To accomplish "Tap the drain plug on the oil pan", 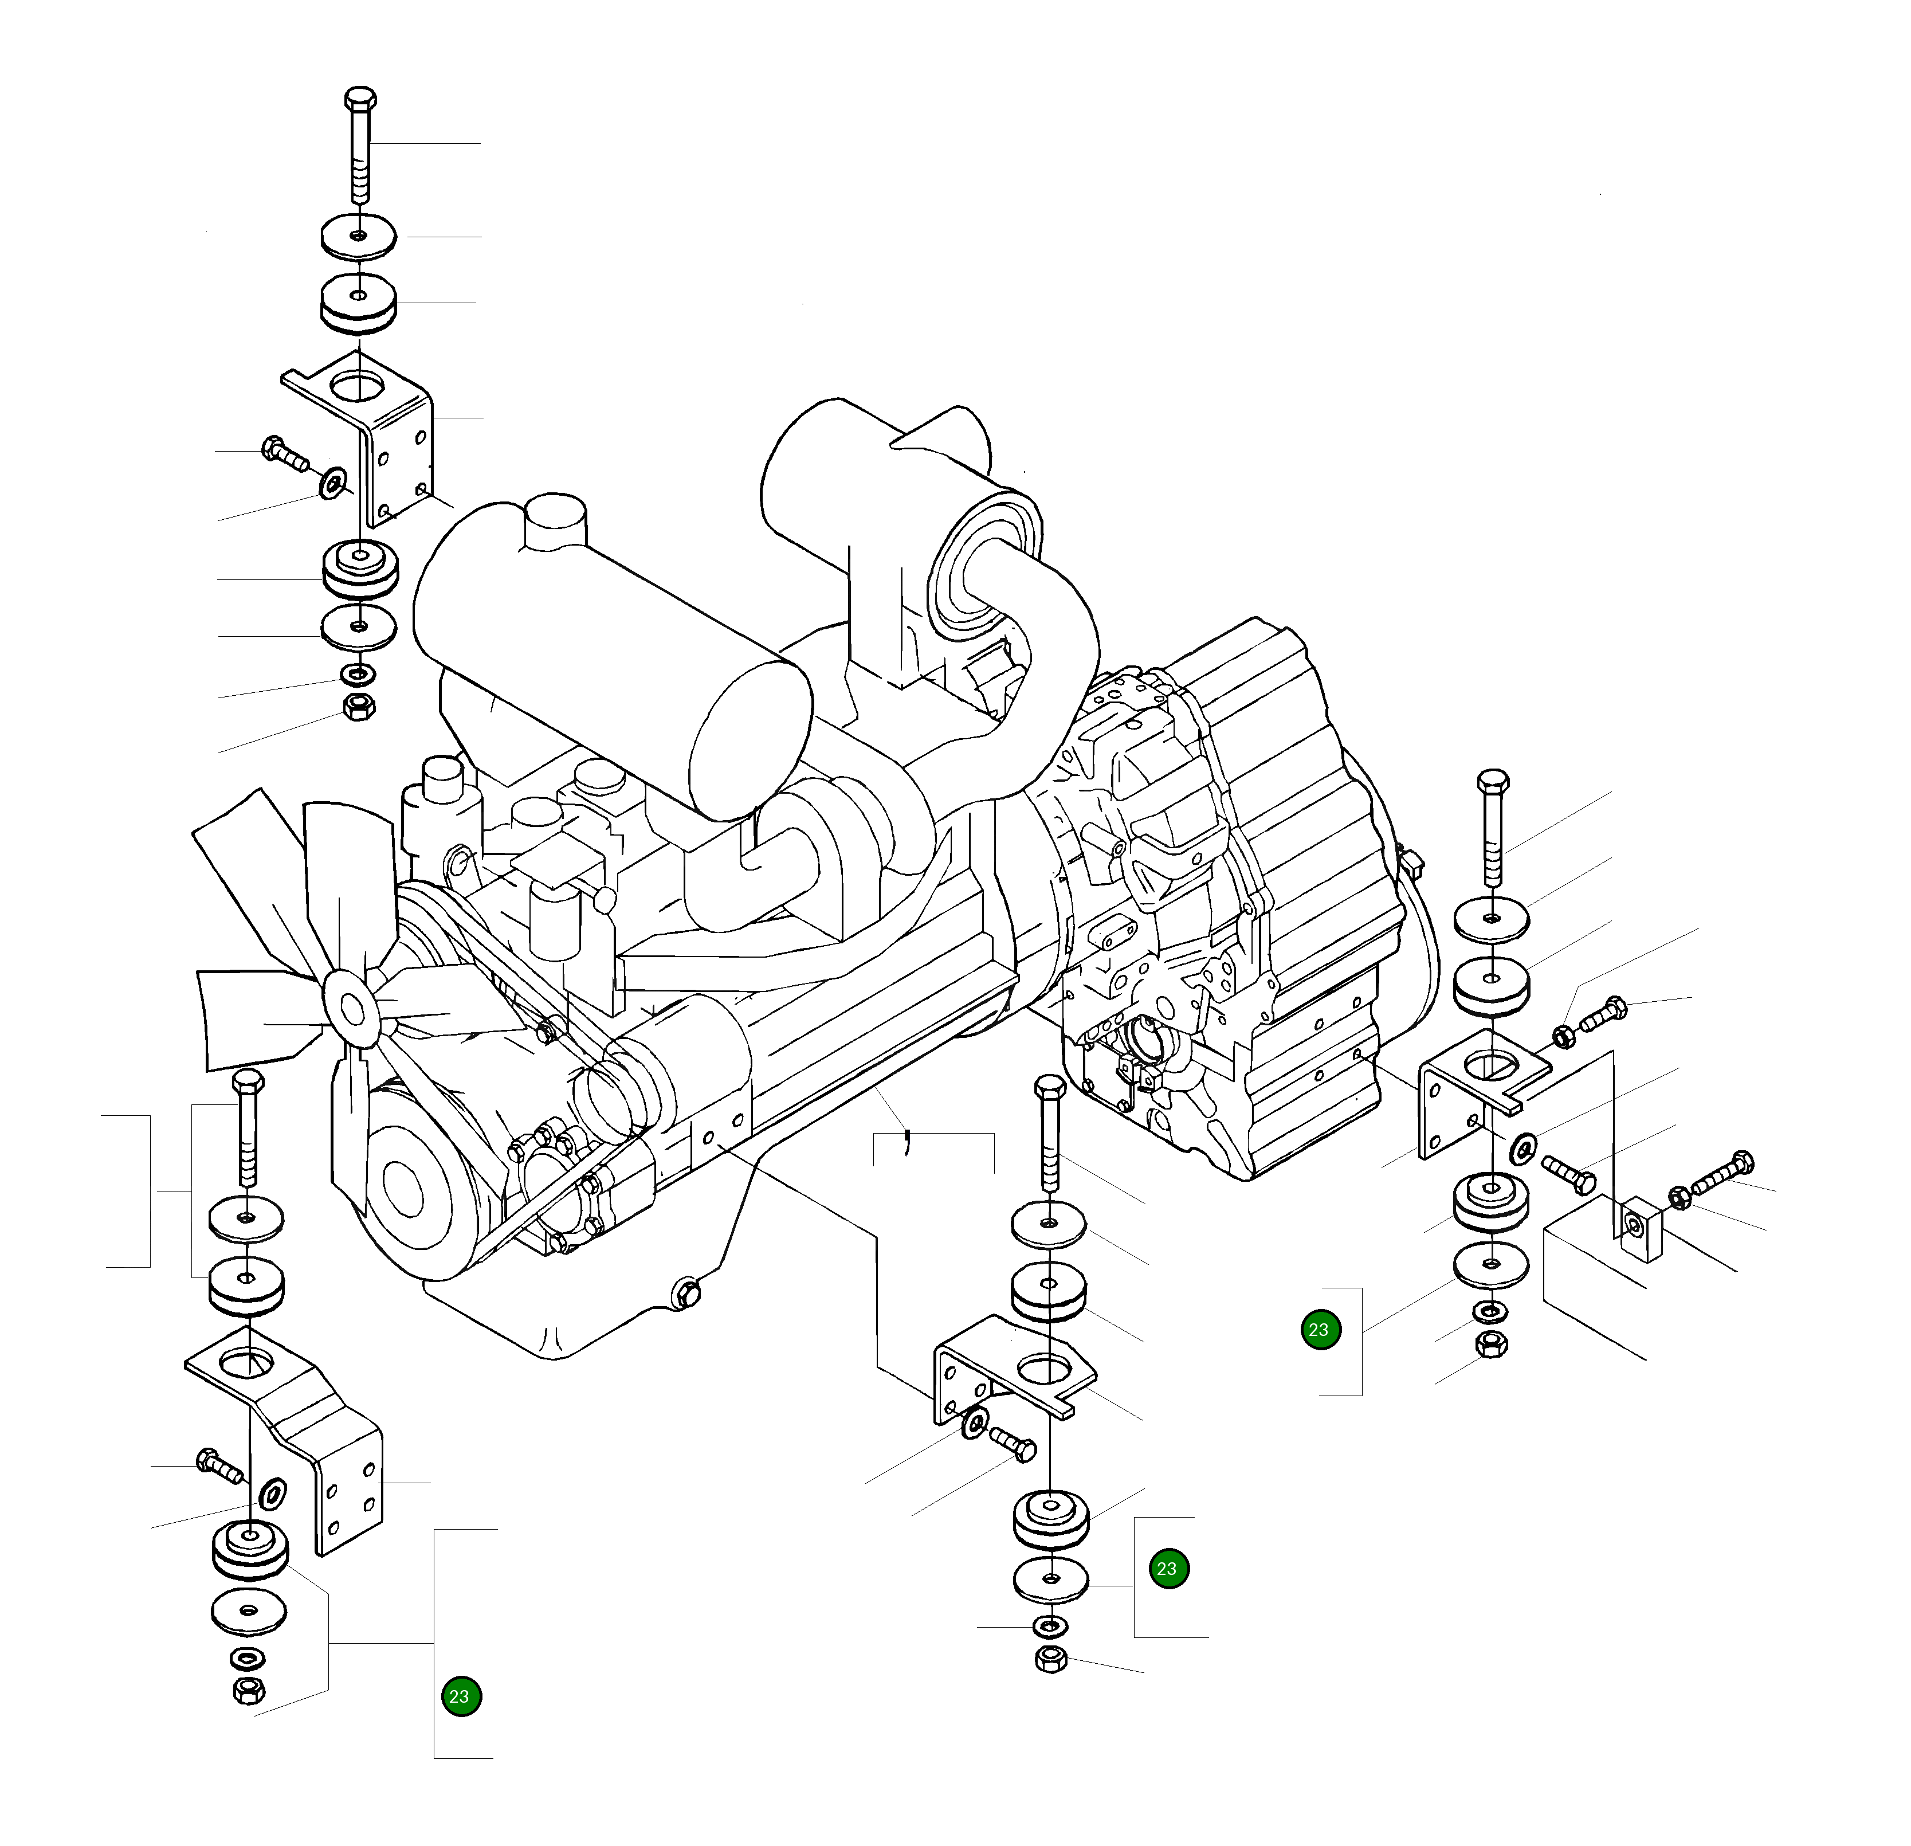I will click(x=688, y=1294).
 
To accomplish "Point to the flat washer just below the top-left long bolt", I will click(x=359, y=237).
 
